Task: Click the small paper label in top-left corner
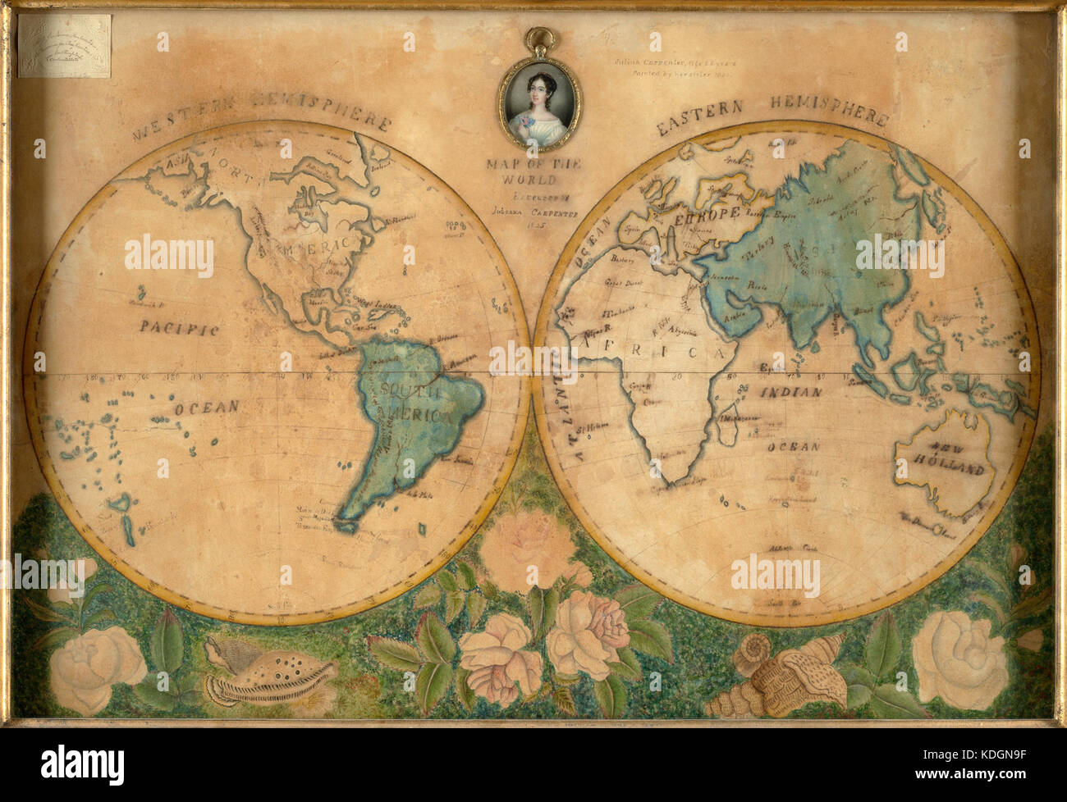point(65,46)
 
